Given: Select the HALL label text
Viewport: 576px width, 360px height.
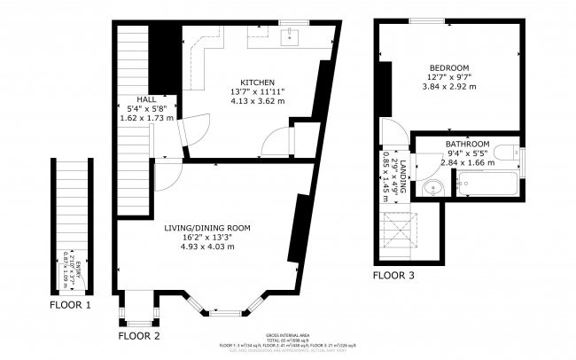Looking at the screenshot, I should point(146,98).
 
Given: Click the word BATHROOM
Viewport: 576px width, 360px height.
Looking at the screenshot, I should point(467,144).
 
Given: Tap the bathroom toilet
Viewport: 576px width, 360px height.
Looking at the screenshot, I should point(510,154).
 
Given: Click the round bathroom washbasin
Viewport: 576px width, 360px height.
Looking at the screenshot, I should point(432,188).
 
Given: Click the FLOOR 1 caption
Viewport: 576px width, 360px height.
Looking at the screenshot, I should point(71,306).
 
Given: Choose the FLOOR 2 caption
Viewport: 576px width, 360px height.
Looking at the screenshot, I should point(139,336).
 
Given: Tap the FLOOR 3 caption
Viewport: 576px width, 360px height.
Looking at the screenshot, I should point(393,276).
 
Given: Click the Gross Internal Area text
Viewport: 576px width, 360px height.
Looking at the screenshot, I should point(286,336).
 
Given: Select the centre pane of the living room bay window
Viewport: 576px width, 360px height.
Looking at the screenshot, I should point(226,312).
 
